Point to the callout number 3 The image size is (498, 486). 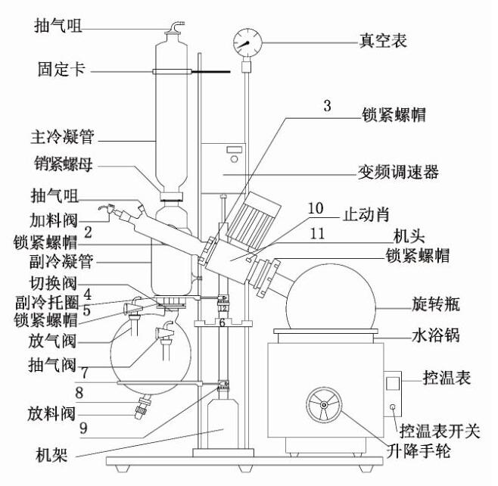coord(327,105)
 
